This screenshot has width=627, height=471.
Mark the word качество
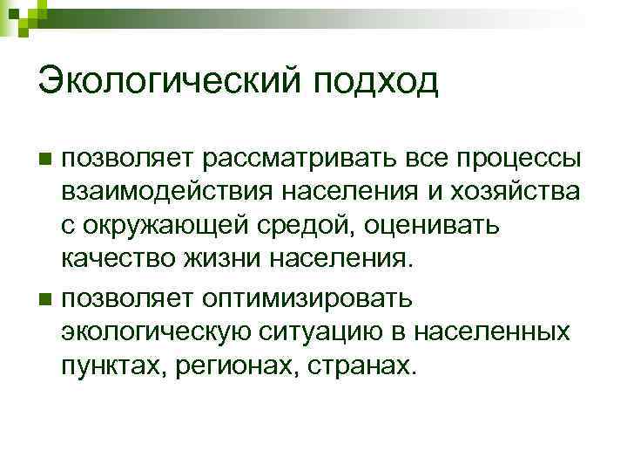point(118,259)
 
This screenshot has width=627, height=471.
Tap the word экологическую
point(155,332)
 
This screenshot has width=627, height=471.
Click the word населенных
point(494,332)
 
